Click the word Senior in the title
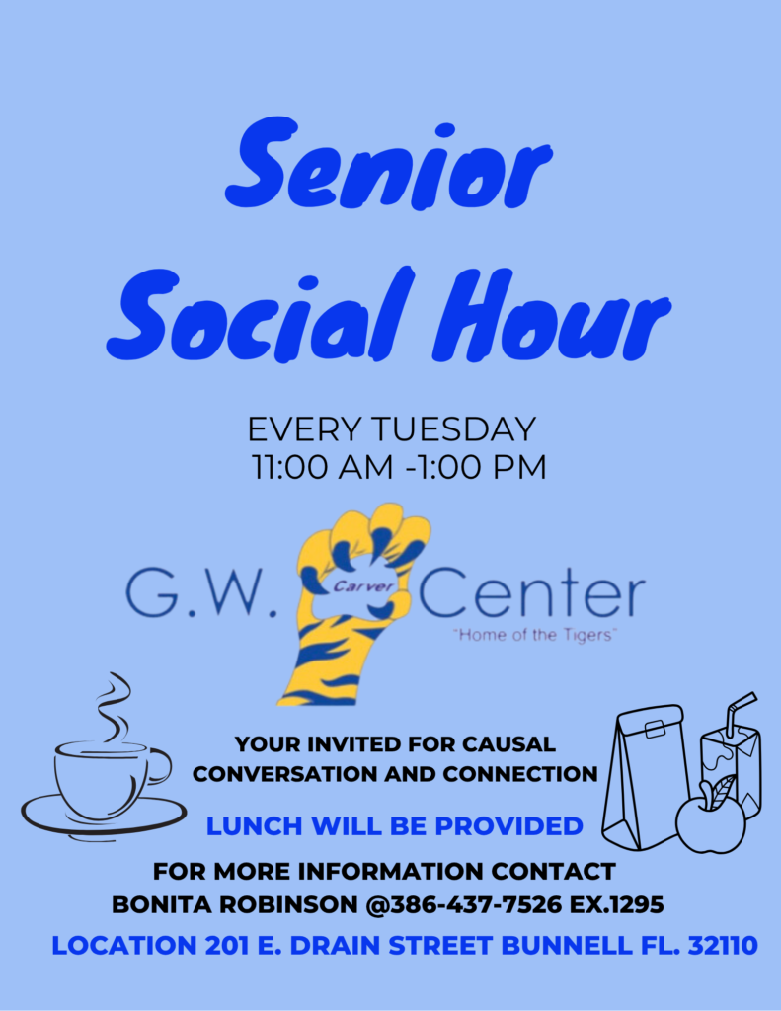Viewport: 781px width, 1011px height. click(x=388, y=163)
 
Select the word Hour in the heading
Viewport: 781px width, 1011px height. click(x=552, y=315)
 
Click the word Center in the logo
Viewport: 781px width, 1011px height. click(x=533, y=593)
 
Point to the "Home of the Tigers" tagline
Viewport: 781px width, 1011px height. click(x=535, y=635)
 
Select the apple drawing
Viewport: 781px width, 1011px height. click(x=710, y=816)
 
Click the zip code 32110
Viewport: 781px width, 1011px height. click(x=723, y=946)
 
